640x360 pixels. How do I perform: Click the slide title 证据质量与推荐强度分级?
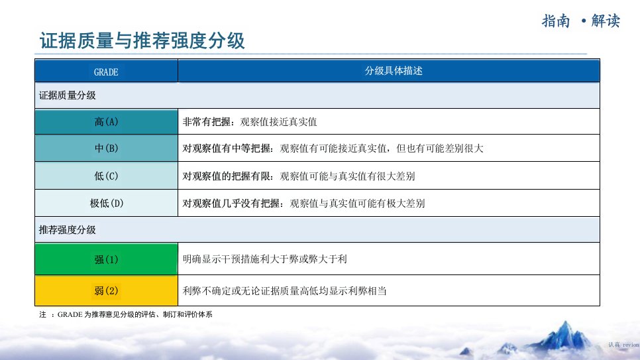(x=142, y=41)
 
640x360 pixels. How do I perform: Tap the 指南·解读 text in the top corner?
(x=581, y=21)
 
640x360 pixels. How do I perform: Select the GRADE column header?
(x=106, y=71)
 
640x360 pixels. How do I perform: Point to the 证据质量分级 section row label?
(x=68, y=95)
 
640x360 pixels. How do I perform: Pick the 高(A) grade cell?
(x=106, y=122)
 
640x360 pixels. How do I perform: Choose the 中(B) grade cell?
(x=106, y=148)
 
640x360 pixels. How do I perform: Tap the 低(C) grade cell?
(x=106, y=176)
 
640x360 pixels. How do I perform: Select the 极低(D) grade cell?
(x=106, y=203)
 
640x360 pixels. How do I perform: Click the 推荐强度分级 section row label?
(x=68, y=229)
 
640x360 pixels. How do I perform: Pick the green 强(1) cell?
(x=106, y=259)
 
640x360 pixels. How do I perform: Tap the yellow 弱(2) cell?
(x=106, y=290)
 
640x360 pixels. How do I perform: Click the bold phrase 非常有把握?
(x=207, y=122)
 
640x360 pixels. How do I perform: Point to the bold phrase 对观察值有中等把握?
(x=227, y=149)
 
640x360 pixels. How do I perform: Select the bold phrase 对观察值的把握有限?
(x=227, y=176)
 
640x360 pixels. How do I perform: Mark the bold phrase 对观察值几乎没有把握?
(x=231, y=203)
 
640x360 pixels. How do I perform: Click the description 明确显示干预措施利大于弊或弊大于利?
(x=265, y=259)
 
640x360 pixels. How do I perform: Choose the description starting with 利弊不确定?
(x=284, y=291)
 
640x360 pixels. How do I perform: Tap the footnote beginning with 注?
(x=126, y=314)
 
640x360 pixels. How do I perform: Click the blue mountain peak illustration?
(x=563, y=337)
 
